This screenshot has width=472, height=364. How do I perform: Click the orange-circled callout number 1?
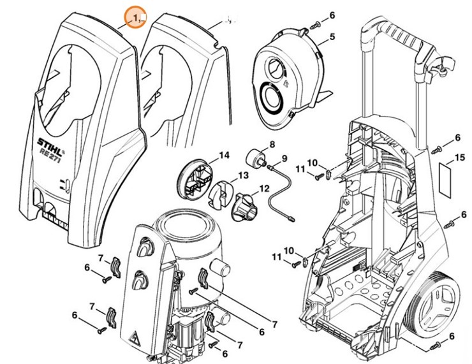click(135, 18)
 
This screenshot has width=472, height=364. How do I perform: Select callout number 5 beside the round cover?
click(332, 38)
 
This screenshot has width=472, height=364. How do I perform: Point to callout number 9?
click(284, 157)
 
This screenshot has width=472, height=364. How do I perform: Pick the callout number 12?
click(264, 188)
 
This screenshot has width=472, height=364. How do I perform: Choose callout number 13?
click(244, 175)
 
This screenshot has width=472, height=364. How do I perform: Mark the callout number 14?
click(224, 155)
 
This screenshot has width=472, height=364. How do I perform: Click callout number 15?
click(460, 157)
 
